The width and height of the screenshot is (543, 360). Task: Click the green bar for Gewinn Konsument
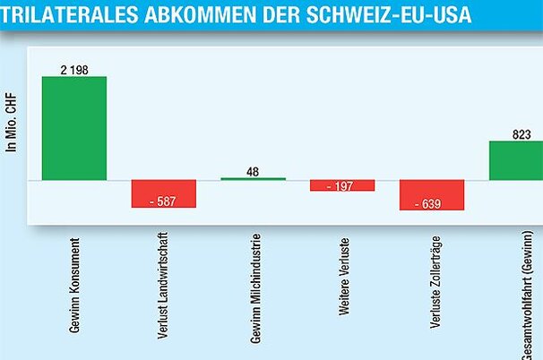(73, 127)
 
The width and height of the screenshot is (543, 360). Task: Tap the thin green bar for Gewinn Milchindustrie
(253, 178)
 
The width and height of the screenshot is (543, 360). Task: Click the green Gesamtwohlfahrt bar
(515, 160)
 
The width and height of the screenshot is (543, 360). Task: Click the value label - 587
(163, 201)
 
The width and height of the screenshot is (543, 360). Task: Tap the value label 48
(253, 170)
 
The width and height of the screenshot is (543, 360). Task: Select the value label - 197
(342, 185)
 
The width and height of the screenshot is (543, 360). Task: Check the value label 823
(522, 134)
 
